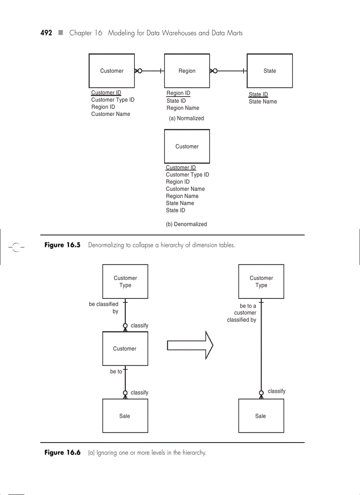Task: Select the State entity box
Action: [x=270, y=71]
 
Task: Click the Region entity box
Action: [x=187, y=71]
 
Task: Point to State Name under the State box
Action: [x=263, y=102]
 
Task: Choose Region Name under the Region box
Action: [x=183, y=108]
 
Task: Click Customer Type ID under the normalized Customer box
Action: [x=113, y=100]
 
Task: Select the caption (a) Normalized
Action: [x=186, y=119]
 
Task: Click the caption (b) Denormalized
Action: [x=186, y=224]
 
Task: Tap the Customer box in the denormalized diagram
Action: [x=187, y=146]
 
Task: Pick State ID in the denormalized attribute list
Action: [x=176, y=211]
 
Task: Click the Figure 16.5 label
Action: [x=63, y=245]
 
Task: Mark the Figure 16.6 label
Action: [x=63, y=453]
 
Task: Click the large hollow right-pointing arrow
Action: [x=190, y=344]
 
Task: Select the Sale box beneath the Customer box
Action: [x=125, y=416]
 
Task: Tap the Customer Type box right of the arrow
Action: [x=261, y=282]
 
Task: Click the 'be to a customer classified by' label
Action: [x=242, y=313]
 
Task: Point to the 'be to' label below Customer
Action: [x=116, y=372]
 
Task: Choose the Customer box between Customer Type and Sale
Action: [x=125, y=349]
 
